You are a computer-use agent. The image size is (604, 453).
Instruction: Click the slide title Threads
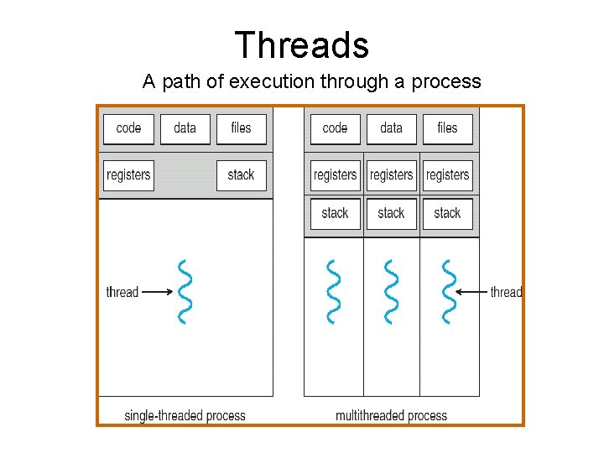coord(302,44)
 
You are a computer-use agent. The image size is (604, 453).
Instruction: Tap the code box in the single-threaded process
coord(128,128)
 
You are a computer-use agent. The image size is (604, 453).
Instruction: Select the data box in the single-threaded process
coord(185,128)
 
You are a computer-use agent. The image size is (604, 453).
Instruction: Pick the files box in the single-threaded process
coord(241,128)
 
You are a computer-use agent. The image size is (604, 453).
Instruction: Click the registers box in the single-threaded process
coord(128,175)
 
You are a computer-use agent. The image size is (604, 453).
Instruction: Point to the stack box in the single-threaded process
coord(241,175)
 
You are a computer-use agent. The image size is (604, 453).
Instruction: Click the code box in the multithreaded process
coord(335,128)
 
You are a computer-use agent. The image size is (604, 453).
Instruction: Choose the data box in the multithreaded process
coord(391,128)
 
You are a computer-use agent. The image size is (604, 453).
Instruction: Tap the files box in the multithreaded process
coord(447,128)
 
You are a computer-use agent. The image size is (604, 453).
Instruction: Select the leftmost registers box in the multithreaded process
coord(335,175)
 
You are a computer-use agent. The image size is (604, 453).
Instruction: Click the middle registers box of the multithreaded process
coord(391,175)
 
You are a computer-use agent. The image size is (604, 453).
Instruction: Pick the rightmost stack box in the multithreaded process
coord(447,213)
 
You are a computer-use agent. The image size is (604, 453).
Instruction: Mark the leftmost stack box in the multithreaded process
coord(335,213)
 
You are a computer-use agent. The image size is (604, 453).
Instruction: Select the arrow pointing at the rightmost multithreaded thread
coord(475,292)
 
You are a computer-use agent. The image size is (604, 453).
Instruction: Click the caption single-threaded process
coord(185,415)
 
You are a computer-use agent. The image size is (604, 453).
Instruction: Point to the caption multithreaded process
coord(391,415)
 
